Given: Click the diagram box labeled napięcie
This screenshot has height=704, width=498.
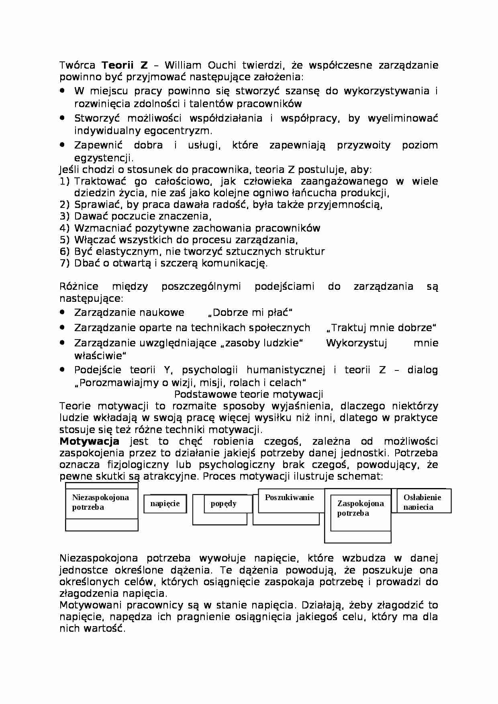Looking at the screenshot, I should (165, 503).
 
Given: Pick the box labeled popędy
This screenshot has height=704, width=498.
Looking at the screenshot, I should (223, 503).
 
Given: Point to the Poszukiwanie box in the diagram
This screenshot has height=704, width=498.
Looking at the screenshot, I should (289, 498).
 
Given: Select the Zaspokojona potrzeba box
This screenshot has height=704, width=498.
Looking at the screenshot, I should (360, 508).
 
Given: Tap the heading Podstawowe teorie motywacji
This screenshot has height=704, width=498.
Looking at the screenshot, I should (249, 394).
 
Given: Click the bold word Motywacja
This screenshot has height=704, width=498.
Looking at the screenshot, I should (89, 442).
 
